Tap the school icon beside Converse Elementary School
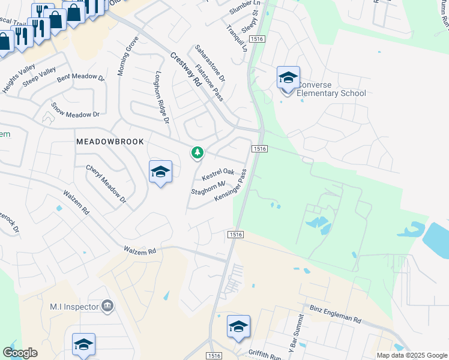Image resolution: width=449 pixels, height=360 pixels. (x=288, y=78)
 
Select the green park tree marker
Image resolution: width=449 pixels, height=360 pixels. (x=197, y=153)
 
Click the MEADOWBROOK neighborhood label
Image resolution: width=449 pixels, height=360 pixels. (x=110, y=142)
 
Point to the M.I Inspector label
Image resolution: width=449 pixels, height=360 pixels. (x=73, y=307)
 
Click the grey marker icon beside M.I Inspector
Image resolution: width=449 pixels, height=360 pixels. (x=107, y=306)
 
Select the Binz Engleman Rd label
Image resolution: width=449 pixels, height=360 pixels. (x=335, y=314)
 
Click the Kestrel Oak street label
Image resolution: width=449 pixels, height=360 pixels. (x=218, y=175)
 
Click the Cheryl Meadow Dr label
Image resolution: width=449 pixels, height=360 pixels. (x=106, y=184)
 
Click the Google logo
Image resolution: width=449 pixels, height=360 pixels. (x=20, y=353)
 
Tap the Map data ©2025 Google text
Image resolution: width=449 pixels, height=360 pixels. (x=411, y=355)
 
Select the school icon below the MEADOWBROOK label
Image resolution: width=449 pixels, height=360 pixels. (x=160, y=172)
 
